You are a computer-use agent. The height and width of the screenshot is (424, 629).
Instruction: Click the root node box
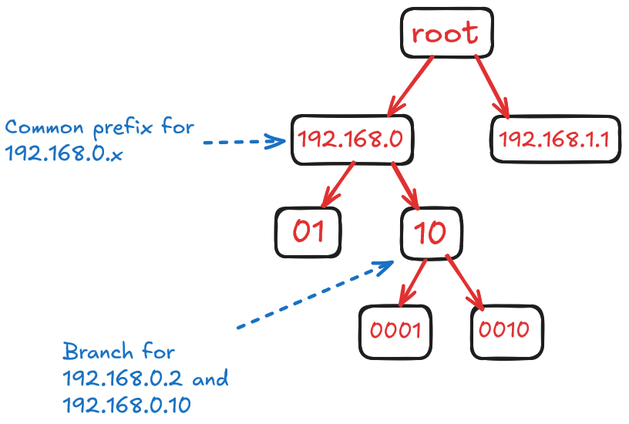[x=446, y=33]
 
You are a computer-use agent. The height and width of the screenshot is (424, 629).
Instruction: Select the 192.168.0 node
[x=352, y=140]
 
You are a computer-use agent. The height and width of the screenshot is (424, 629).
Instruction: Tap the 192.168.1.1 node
[x=554, y=140]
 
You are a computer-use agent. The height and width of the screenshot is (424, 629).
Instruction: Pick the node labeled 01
[x=308, y=232]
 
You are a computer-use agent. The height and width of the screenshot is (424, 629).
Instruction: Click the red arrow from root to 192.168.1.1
[x=492, y=86]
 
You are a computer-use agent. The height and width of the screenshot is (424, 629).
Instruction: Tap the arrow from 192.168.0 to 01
[x=337, y=184]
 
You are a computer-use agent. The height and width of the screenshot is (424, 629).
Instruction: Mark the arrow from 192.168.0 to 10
[x=405, y=186]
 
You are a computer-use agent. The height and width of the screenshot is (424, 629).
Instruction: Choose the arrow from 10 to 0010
[x=465, y=283]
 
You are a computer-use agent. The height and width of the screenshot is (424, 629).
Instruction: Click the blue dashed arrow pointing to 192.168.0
[x=242, y=141]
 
